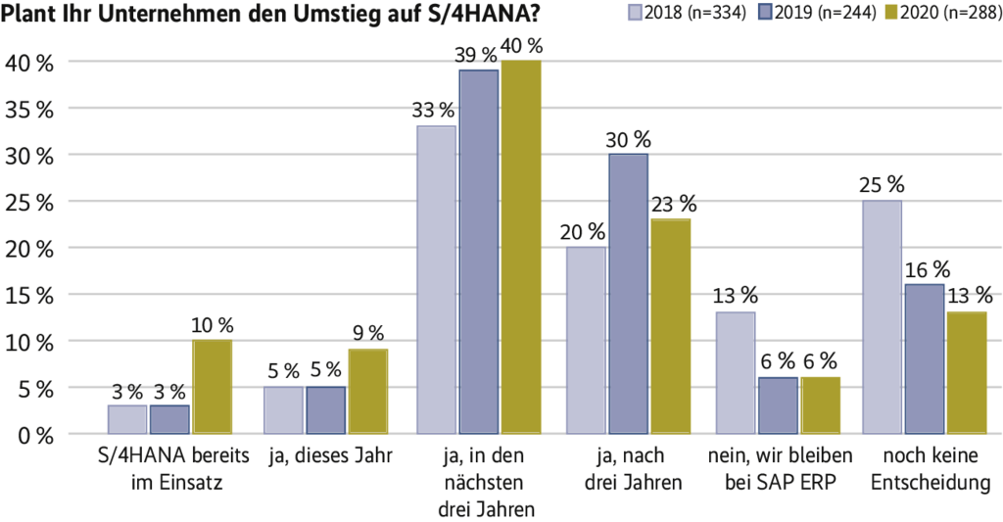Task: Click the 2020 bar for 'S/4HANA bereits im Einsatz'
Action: tap(212, 387)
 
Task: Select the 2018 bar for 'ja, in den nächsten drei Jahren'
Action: tap(436, 279)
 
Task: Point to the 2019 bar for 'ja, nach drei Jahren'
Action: tap(628, 294)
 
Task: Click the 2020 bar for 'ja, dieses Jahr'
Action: tap(367, 391)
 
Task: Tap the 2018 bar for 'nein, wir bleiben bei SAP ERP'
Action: tap(736, 372)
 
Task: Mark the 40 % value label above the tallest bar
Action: tap(521, 46)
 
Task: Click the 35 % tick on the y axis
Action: tap(32, 109)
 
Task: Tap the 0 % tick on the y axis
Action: tap(32, 435)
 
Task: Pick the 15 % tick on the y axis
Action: tap(32, 295)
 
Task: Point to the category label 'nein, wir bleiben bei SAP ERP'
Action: tap(779, 469)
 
